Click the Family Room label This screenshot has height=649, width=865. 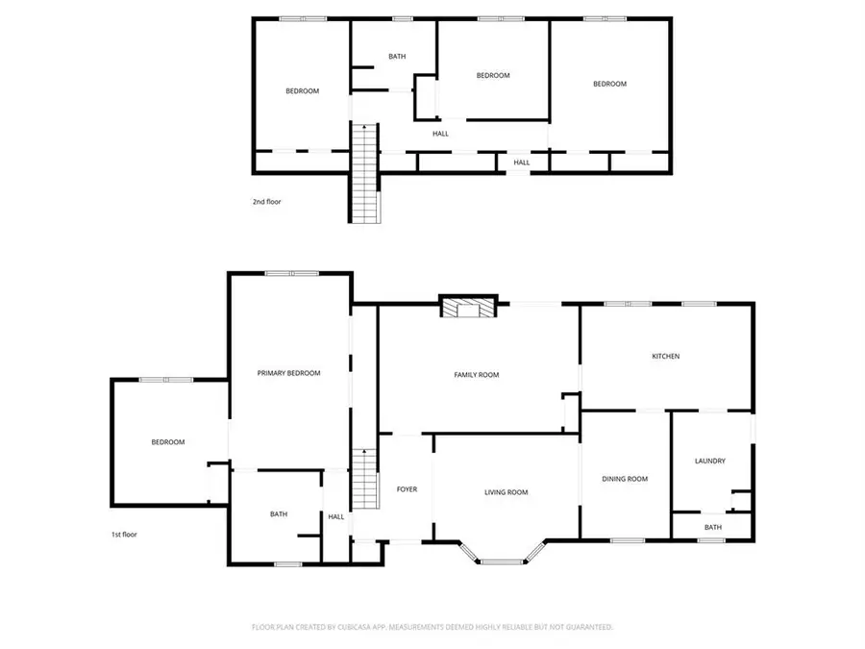click(477, 375)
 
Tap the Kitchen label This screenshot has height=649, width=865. click(666, 357)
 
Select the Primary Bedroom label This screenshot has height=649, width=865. click(288, 373)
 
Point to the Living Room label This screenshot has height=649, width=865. click(506, 493)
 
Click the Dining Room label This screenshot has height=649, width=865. click(625, 479)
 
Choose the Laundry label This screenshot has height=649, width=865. click(710, 462)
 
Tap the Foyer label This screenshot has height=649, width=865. click(407, 489)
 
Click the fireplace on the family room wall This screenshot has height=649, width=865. click(469, 307)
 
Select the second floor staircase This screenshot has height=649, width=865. click(365, 173)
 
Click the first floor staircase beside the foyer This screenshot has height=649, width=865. click(362, 480)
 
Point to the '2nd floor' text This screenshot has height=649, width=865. click(267, 202)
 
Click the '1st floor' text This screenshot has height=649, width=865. click(124, 534)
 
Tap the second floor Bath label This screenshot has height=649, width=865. click(397, 57)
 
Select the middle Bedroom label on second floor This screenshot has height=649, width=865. click(493, 75)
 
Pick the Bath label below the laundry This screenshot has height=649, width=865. click(712, 527)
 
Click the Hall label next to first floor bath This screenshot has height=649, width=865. click(336, 516)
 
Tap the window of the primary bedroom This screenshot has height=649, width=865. click(292, 273)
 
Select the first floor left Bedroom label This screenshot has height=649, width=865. click(167, 442)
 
